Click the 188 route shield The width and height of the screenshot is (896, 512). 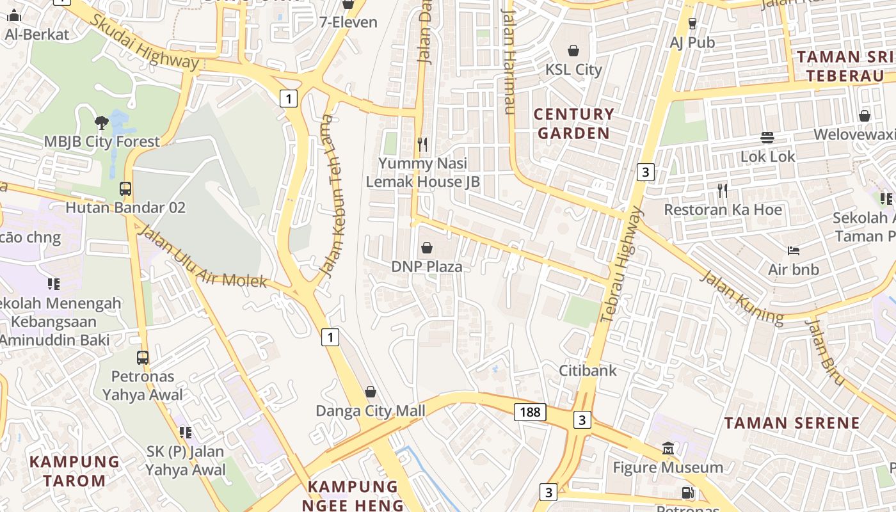[x=530, y=412]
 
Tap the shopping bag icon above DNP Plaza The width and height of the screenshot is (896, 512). [x=427, y=247]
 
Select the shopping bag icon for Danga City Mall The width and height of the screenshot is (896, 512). [x=370, y=392]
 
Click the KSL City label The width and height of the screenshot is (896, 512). [x=573, y=69]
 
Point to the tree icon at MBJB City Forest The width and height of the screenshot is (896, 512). [x=101, y=122]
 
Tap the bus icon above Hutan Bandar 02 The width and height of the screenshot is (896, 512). [x=125, y=189]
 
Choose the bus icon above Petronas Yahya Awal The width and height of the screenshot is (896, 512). [x=143, y=357]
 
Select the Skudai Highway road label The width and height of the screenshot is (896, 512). [x=144, y=41]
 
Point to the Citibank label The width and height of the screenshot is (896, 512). [x=588, y=370]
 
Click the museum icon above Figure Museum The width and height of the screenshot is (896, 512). [x=668, y=448]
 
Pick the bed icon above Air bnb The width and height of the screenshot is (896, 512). [x=794, y=250]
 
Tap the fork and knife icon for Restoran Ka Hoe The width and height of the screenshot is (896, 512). [x=723, y=190]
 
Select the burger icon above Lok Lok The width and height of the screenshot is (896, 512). [x=767, y=137]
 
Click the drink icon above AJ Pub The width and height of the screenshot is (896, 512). [x=692, y=24]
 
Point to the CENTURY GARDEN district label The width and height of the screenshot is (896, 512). [x=573, y=124]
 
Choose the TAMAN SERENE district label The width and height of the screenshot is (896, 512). [x=792, y=423]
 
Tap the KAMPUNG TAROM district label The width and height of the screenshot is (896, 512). [x=75, y=470]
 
